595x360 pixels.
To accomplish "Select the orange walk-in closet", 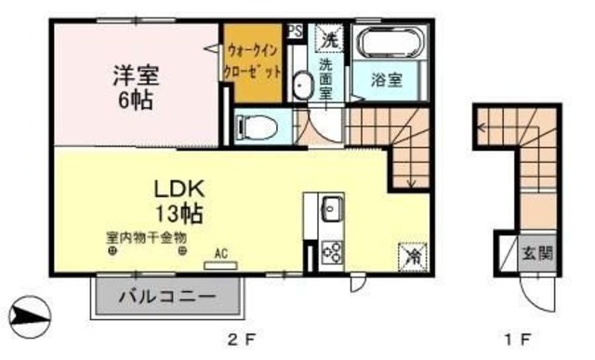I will point(252,63).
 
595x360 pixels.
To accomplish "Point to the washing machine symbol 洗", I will point(330,38).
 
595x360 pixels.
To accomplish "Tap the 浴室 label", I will point(388,80).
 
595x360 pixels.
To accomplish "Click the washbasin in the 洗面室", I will point(303,86).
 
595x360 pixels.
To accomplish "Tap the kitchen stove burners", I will point(331,250).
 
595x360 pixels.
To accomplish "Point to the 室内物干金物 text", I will point(146,238).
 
